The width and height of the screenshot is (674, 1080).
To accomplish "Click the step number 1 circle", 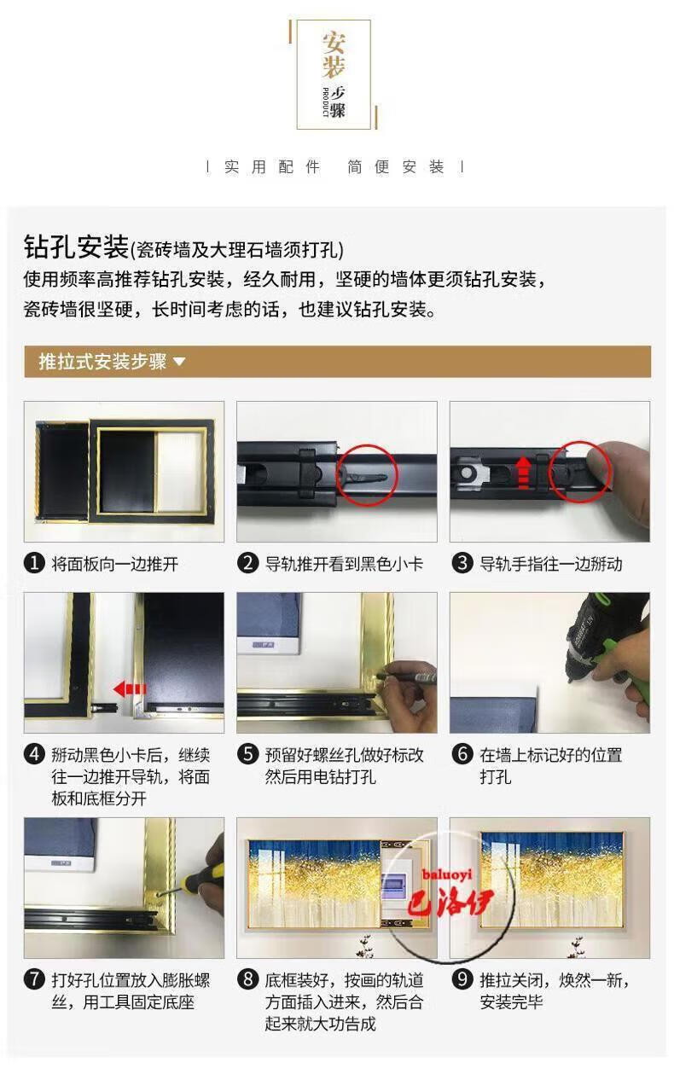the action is point(34,563).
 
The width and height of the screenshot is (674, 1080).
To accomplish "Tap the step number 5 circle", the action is point(247,753).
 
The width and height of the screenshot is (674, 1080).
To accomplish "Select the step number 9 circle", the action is point(462,978).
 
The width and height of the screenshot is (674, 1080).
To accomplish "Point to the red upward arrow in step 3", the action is point(523,473).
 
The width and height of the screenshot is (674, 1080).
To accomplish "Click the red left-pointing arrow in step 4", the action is point(129,689).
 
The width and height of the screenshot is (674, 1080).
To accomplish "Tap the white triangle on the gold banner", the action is point(179,361).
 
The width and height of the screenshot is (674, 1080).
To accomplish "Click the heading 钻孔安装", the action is point(77,247).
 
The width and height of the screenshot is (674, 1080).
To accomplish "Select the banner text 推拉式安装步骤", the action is point(102,361).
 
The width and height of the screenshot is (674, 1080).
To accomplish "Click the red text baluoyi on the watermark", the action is point(446,874).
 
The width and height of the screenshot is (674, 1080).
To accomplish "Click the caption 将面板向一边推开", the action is point(114,564).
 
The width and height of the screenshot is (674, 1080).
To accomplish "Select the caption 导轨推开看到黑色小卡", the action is point(344,564).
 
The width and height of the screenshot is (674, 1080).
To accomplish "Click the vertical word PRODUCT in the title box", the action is point(325,102).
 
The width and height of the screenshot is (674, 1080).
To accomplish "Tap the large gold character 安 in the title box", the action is point(334,43).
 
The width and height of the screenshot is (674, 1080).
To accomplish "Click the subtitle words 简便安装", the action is point(395,167).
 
